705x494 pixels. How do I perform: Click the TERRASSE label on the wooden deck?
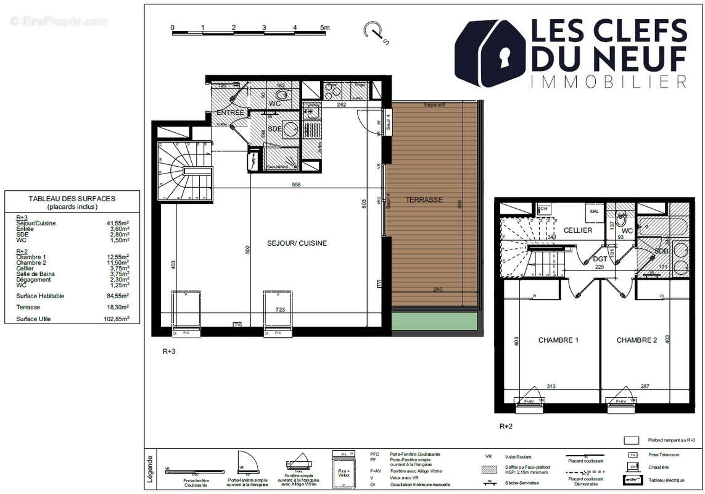point(424,199)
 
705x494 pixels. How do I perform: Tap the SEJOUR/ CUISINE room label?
point(297,243)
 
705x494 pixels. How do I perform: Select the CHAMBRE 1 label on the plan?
point(558,340)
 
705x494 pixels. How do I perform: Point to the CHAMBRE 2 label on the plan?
point(637,340)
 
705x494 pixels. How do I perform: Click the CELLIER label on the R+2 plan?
point(578,230)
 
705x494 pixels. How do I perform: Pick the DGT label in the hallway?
point(600,259)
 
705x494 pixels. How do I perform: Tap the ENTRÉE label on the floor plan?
point(231,112)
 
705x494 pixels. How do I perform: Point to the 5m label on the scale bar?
point(324,28)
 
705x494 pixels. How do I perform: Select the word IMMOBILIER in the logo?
point(608,82)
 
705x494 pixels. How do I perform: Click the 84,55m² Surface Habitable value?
point(117,296)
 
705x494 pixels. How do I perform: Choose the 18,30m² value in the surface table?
point(117,307)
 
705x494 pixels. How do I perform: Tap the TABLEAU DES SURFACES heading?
point(72,199)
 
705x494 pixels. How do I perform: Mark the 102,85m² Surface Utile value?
point(116,319)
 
